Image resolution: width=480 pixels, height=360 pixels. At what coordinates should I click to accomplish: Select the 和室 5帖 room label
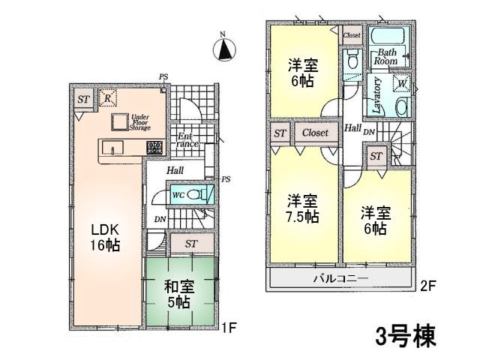click(x=180, y=292)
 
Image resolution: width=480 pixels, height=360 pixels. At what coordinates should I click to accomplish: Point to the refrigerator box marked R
click(x=108, y=97)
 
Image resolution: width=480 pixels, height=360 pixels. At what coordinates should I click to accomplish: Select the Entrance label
click(x=186, y=140)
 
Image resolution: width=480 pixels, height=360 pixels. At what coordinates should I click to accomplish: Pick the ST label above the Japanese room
click(x=191, y=243)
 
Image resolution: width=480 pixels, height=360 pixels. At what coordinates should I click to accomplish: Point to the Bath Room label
click(x=387, y=56)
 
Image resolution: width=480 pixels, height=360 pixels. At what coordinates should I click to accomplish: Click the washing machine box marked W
click(x=402, y=83)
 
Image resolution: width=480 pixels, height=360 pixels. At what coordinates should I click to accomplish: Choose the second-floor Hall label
click(x=352, y=128)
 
